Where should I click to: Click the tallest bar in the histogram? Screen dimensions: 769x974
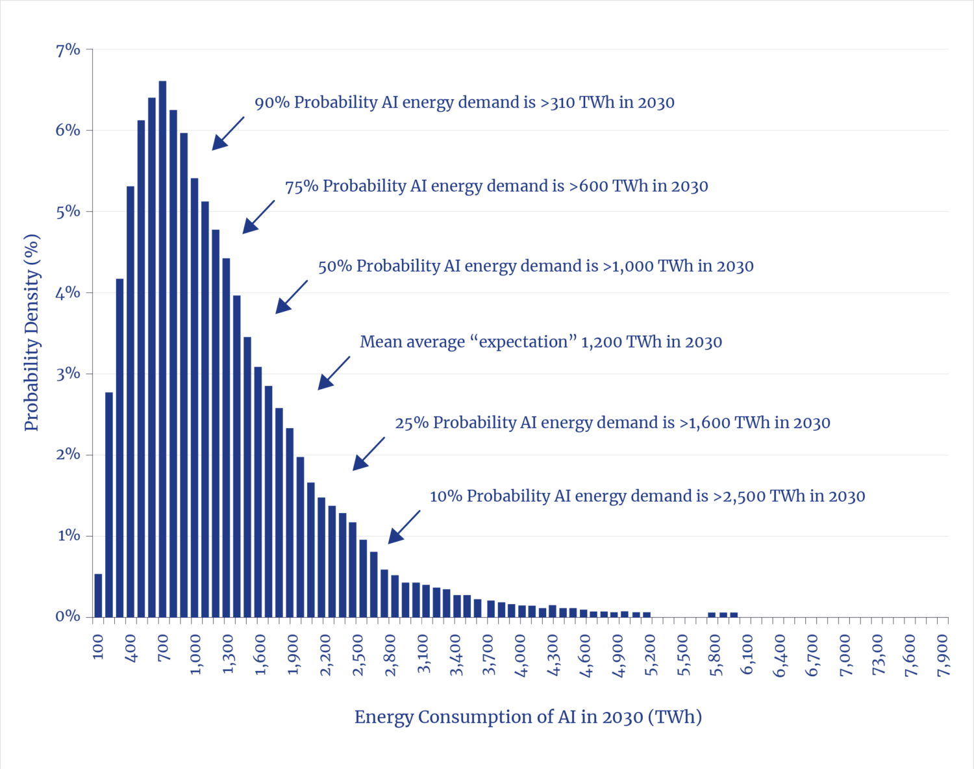162,351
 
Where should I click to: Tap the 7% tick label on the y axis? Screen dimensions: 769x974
68,49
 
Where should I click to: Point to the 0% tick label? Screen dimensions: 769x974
68,616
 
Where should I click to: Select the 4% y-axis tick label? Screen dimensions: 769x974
68,292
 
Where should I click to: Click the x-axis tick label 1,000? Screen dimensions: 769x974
196,654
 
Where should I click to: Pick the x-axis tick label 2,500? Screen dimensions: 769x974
358,654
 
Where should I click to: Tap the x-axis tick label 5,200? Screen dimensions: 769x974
651,654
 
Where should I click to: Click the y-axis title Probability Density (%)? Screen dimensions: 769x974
32,333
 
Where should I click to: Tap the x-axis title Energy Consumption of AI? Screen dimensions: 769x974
528,717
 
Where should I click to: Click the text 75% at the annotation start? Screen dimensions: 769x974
301,186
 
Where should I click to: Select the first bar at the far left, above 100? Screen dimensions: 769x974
99,596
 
